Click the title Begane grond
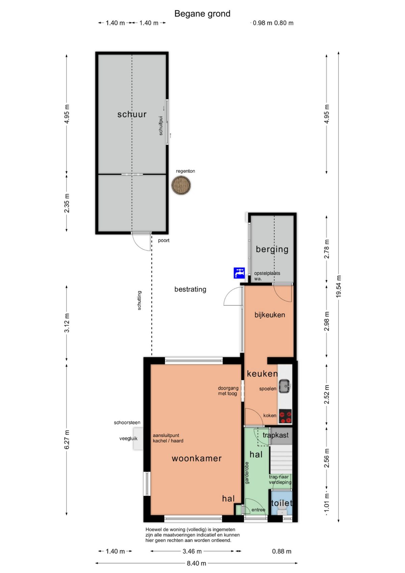(202, 14)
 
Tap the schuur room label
(132, 114)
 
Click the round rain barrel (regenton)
(181, 185)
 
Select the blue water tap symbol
(239, 273)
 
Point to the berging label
(272, 250)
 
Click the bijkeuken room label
(270, 315)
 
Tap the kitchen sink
(285, 386)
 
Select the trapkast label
(275, 435)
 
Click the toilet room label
(281, 503)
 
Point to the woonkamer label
(197, 459)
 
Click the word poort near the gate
(164, 240)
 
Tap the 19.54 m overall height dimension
(339, 286)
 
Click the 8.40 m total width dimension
(196, 563)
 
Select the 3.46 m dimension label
(192, 551)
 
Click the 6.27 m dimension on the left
(67, 440)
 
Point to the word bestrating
(190, 289)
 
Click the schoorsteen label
(127, 423)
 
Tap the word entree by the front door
(258, 510)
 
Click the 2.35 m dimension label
(67, 203)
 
